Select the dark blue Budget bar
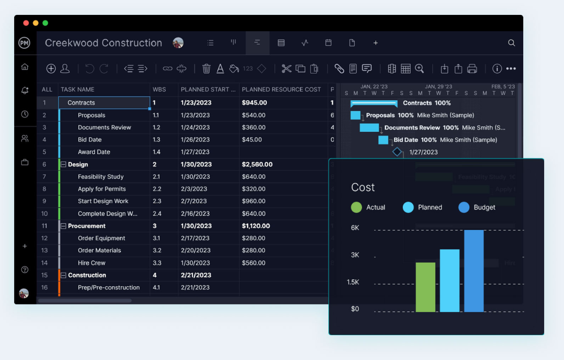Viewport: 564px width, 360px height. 474,271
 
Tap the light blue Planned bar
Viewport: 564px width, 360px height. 450,280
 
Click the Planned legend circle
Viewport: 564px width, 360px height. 408,207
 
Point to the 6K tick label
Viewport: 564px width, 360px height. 355,228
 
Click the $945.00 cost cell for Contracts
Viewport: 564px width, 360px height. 254,103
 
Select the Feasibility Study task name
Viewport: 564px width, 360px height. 101,176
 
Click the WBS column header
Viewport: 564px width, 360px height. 159,89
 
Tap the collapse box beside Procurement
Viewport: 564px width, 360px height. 63,226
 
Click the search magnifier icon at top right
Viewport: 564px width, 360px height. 511,43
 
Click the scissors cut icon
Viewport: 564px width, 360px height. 286,68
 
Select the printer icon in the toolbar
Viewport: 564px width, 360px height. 472,68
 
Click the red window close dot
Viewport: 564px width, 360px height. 26,23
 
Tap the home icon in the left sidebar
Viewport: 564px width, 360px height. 25,67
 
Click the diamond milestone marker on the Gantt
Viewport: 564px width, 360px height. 397,152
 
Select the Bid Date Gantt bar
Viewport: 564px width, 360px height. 383,140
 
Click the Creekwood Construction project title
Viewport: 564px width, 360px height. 103,43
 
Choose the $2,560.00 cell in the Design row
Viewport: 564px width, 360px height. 257,164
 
